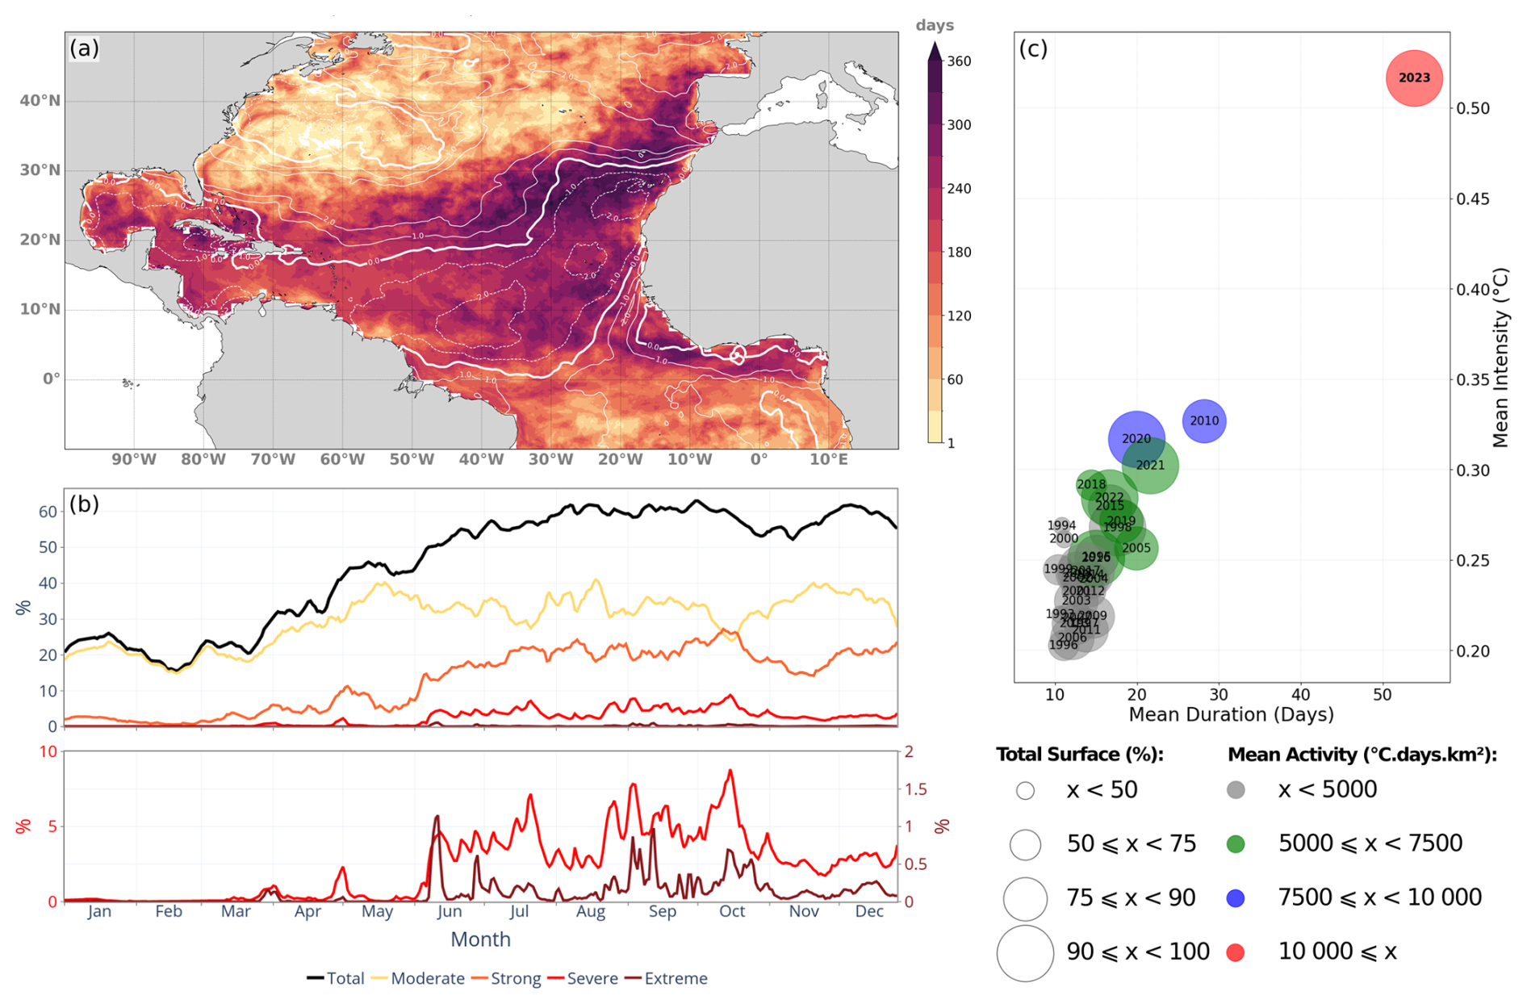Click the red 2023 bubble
point(1413,77)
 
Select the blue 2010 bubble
point(1204,420)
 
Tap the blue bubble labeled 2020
point(1136,438)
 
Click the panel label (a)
point(84,48)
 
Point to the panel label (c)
point(1033,48)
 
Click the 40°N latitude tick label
point(40,101)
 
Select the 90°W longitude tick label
point(134,459)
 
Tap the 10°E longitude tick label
point(829,459)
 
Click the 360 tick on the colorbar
point(959,61)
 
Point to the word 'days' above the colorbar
point(935,25)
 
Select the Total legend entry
point(337,978)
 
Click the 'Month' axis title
point(480,939)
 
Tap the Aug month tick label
point(591,911)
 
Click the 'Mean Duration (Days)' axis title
point(1231,714)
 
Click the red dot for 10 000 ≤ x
point(1235,952)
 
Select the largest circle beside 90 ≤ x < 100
point(1025,953)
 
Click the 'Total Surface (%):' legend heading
point(1080,755)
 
